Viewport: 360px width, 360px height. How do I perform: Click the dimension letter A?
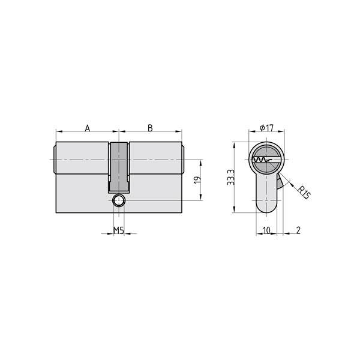(88, 128)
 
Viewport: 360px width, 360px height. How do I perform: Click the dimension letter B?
(151, 128)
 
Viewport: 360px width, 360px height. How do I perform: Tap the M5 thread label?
(119, 230)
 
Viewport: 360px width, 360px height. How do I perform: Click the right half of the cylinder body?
(155, 177)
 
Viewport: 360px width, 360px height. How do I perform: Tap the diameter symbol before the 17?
(263, 128)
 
